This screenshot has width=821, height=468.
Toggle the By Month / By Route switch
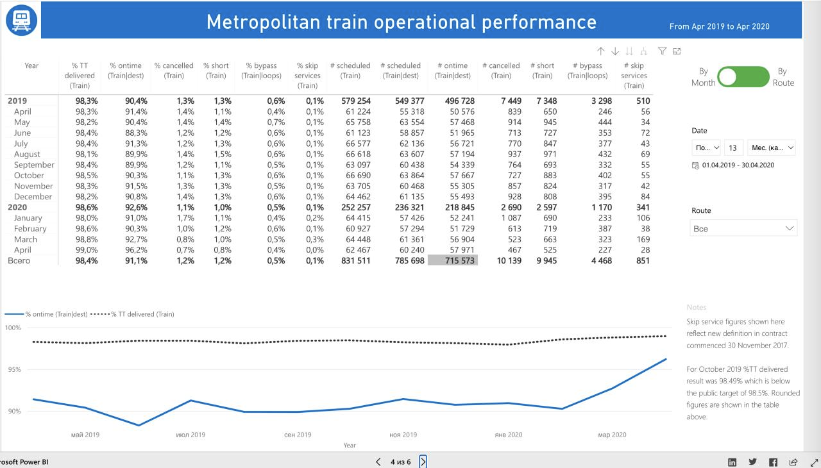click(743, 77)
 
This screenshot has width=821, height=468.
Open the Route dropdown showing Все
click(744, 228)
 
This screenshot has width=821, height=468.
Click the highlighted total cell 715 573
click(453, 260)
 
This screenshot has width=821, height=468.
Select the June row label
click(22, 133)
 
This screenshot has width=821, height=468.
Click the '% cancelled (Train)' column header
click(174, 71)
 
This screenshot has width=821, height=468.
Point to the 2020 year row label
click(18, 207)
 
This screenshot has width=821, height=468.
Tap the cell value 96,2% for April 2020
click(131, 250)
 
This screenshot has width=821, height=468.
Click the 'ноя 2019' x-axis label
click(403, 435)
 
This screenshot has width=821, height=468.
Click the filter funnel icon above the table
click(663, 51)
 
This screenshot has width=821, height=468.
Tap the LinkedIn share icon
click(732, 462)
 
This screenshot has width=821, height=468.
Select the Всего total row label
click(19, 260)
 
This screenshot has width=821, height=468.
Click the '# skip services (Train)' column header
click(634, 76)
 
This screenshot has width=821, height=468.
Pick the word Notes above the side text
click(697, 308)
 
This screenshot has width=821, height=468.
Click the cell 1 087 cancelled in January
click(507, 218)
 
